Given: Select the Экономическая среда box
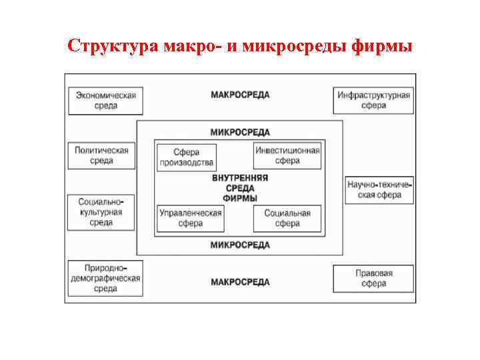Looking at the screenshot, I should pyautogui.click(x=105, y=100).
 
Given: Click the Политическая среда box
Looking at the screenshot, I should pyautogui.click(x=101, y=155).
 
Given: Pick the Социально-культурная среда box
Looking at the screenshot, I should pyautogui.click(x=101, y=211).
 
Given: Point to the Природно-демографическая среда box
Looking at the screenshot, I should pyautogui.click(x=105, y=278).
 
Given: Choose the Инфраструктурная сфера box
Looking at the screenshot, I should pyautogui.click(x=373, y=100).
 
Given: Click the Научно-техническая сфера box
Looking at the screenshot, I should pyautogui.click(x=379, y=189).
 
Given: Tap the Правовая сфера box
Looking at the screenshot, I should pyautogui.click(x=373, y=278).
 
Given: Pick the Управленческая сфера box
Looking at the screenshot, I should pyautogui.click(x=190, y=219).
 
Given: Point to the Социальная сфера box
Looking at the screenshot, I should pyautogui.click(x=287, y=219).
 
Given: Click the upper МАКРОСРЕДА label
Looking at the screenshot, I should pyautogui.click(x=240, y=95).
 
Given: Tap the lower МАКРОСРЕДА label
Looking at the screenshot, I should pyautogui.click(x=240, y=282).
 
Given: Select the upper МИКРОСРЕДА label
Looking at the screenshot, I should pyautogui.click(x=240, y=132).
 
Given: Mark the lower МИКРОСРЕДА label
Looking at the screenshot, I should pyautogui.click(x=240, y=245).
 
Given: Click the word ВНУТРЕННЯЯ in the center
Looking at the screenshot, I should pyautogui.click(x=240, y=178).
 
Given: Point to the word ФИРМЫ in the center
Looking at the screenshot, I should pyautogui.click(x=240, y=198).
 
